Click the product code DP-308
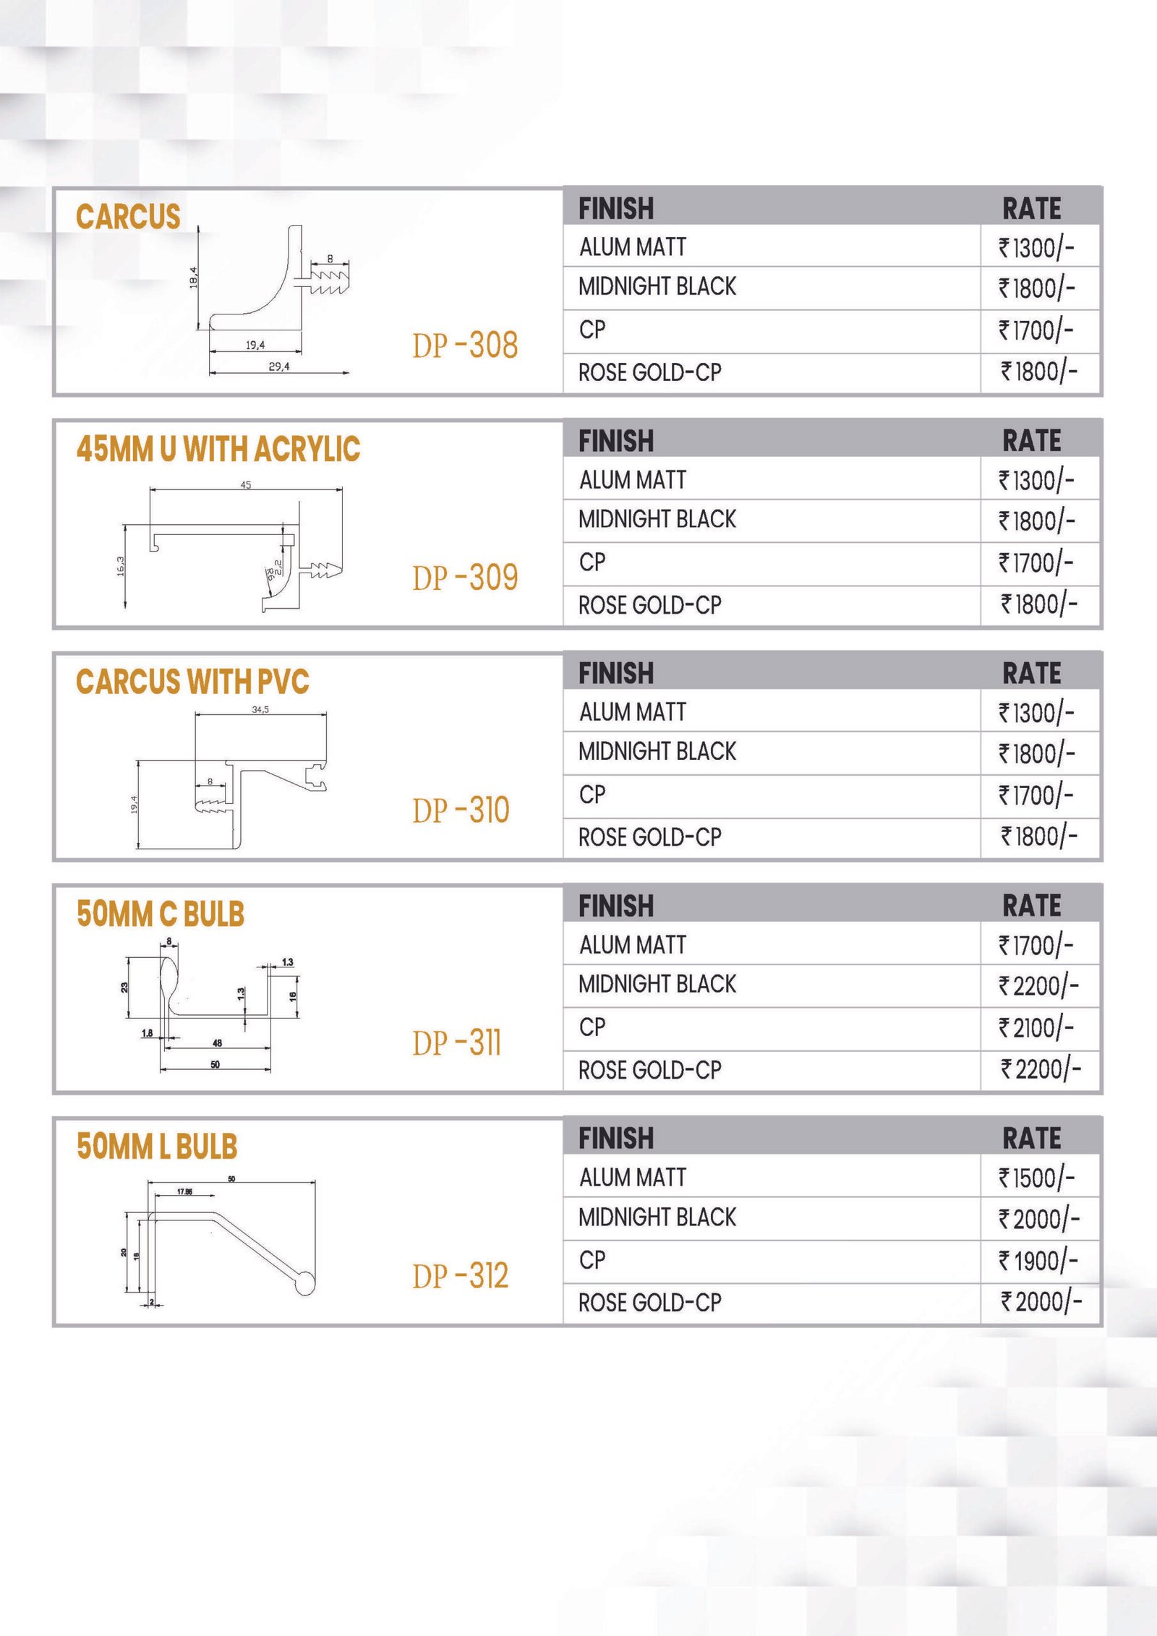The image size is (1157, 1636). click(465, 346)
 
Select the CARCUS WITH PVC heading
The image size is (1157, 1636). click(192, 682)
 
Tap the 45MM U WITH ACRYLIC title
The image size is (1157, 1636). click(218, 449)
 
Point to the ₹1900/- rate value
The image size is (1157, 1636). click(1038, 1262)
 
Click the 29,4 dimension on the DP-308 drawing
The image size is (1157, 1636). click(278, 367)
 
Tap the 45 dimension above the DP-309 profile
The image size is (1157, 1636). click(246, 485)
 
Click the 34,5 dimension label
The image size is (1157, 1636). click(260, 710)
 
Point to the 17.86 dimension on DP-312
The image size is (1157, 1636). click(184, 1191)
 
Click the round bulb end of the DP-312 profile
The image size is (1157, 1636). click(305, 1283)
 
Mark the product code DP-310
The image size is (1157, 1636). click(461, 810)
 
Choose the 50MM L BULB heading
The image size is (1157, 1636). click(157, 1147)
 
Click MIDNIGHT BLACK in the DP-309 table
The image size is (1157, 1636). click(657, 519)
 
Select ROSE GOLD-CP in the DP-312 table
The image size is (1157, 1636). click(649, 1303)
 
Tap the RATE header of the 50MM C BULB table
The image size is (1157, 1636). click(1031, 906)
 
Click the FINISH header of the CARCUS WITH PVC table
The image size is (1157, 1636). click(616, 673)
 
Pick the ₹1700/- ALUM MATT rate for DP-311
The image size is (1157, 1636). click(1036, 945)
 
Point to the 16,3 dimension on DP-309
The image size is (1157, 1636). click(121, 566)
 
